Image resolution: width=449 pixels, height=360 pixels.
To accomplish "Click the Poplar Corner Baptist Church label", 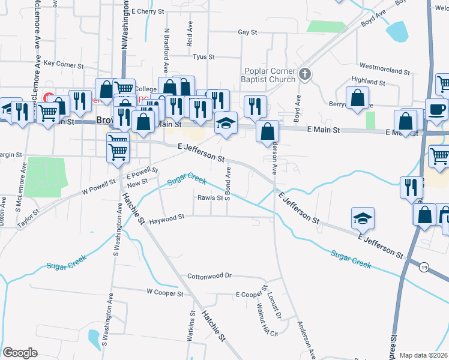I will pos(270,75).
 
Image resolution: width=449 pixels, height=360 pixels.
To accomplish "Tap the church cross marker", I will pos(305,74).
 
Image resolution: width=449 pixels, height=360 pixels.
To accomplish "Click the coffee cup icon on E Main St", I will pos(436,109).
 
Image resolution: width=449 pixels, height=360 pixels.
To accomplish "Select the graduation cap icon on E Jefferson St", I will pos(363,218).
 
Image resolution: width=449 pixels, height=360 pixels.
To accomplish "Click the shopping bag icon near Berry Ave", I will pos(357,98).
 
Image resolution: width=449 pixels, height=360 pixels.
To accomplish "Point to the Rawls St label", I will pos(211,197).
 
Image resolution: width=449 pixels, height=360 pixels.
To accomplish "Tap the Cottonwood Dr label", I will pos(209,276).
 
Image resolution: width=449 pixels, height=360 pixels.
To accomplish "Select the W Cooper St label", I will pos(164,293).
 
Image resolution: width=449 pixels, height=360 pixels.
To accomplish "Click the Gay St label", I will pos(247,32).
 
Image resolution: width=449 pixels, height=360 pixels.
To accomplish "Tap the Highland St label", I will pos(368,81).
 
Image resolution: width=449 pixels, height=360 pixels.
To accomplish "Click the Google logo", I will pos(20,352).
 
